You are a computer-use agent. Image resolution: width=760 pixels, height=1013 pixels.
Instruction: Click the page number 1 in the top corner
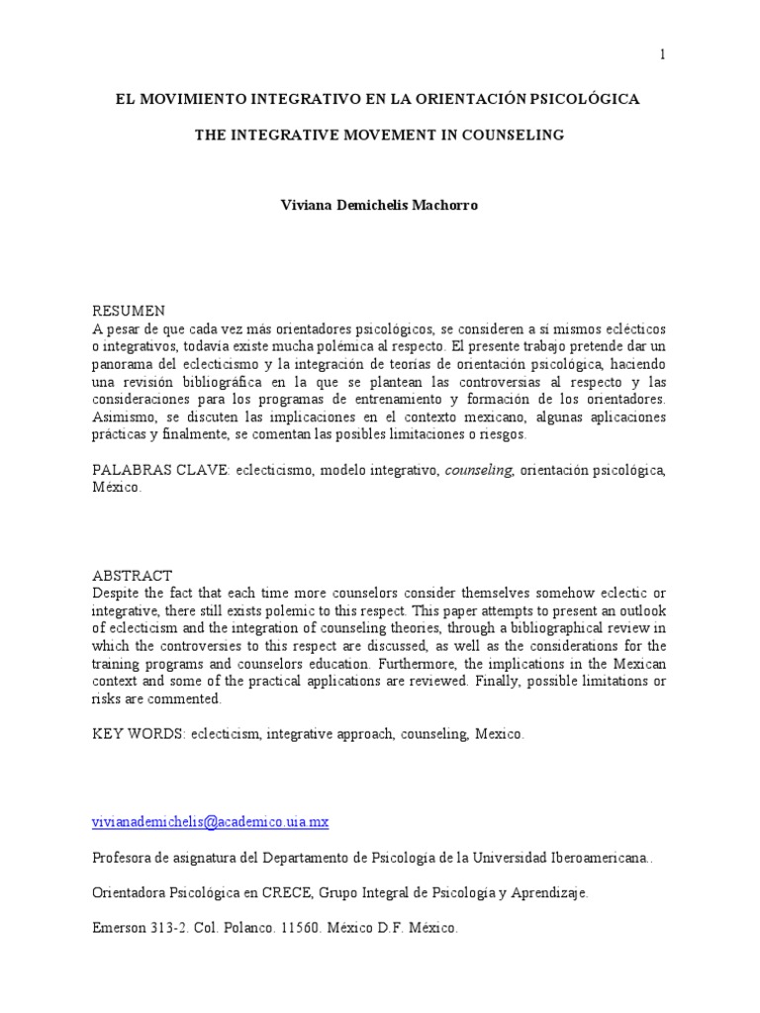[x=662, y=54]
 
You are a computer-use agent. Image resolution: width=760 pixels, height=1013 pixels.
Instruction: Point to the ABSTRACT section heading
[x=133, y=576]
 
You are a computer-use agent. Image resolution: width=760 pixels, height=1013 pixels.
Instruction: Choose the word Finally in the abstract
[x=510, y=681]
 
